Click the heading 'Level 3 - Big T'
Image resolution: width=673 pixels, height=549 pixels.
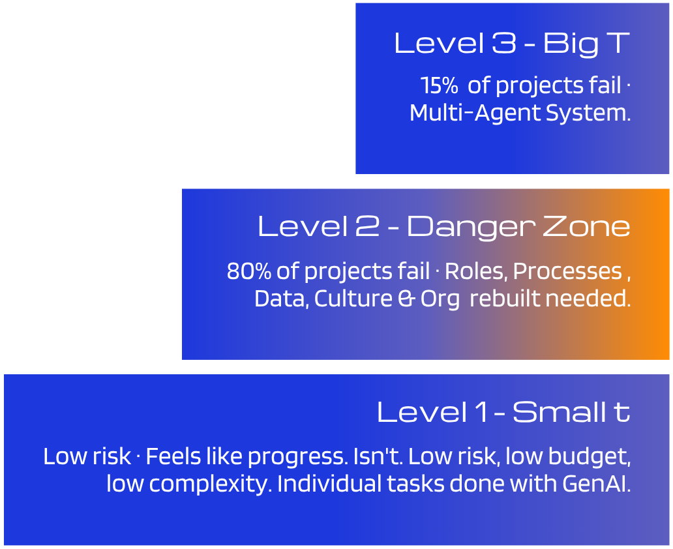click(x=511, y=44)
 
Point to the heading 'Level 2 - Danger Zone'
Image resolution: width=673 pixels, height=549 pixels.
click(x=444, y=227)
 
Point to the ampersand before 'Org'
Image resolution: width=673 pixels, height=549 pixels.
click(x=405, y=299)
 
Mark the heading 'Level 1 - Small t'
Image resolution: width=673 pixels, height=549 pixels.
click(x=503, y=412)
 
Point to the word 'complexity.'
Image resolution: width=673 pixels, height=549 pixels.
click(x=233, y=484)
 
